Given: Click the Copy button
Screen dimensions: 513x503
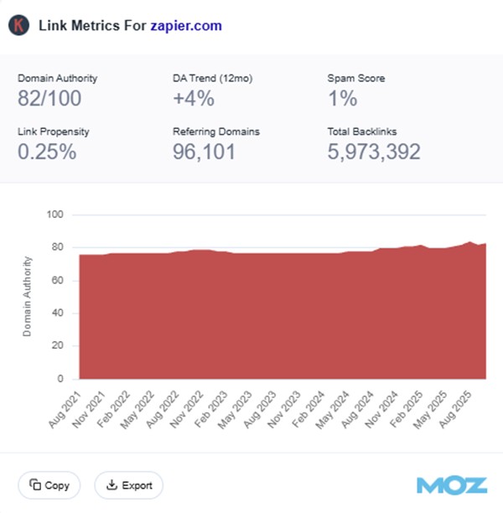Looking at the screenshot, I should [x=49, y=484].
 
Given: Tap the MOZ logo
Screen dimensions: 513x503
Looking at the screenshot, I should [x=451, y=485].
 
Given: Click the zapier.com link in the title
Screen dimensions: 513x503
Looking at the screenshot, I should [x=186, y=25].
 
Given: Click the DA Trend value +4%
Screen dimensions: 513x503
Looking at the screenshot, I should [x=193, y=98].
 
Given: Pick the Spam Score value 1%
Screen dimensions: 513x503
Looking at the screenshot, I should [x=342, y=98].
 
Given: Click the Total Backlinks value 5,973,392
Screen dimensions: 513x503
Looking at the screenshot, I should [x=373, y=152].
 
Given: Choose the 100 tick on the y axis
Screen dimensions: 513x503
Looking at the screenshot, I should [x=56, y=215].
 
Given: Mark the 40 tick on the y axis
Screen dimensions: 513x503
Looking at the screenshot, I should [x=59, y=313].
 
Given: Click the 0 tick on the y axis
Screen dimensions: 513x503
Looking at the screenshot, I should [x=61, y=379].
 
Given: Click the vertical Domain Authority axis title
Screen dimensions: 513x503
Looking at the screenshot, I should [x=28, y=298].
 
